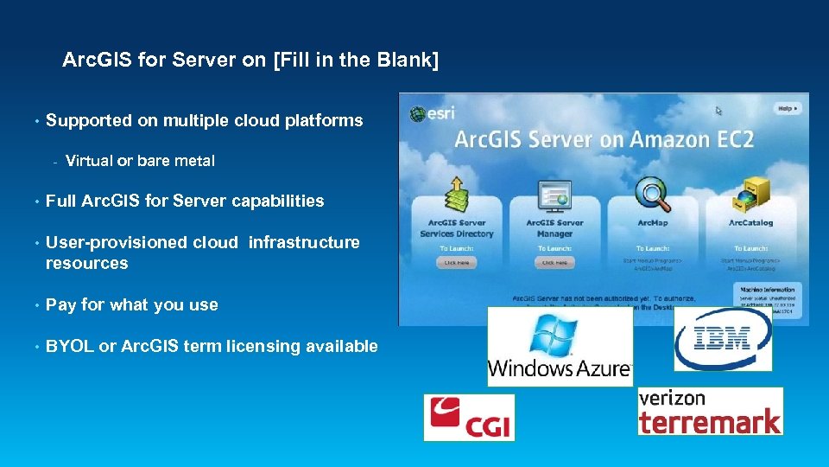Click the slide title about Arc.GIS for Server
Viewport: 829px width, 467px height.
coord(250,61)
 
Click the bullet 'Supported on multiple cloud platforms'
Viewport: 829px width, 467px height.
coord(204,120)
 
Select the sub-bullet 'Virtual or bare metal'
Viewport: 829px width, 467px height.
coord(140,161)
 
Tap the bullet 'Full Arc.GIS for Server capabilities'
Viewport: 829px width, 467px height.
coord(185,201)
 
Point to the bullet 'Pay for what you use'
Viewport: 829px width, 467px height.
coord(131,304)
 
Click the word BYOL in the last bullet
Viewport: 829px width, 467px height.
coord(69,346)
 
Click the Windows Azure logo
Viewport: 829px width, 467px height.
coord(560,346)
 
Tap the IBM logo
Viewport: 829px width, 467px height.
coord(722,339)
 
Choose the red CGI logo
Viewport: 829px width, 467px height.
coord(469,418)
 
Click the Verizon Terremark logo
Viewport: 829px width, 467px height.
coord(710,411)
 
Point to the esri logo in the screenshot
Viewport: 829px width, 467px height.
coord(433,112)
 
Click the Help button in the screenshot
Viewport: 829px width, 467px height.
coord(788,108)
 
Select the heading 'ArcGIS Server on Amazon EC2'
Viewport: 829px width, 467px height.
coord(604,139)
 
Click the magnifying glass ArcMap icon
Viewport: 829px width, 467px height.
coord(652,194)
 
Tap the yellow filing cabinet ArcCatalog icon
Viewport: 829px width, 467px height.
coord(749,194)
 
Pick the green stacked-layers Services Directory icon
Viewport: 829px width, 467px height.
coord(456,195)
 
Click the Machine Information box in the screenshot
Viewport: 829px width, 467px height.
coord(767,301)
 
